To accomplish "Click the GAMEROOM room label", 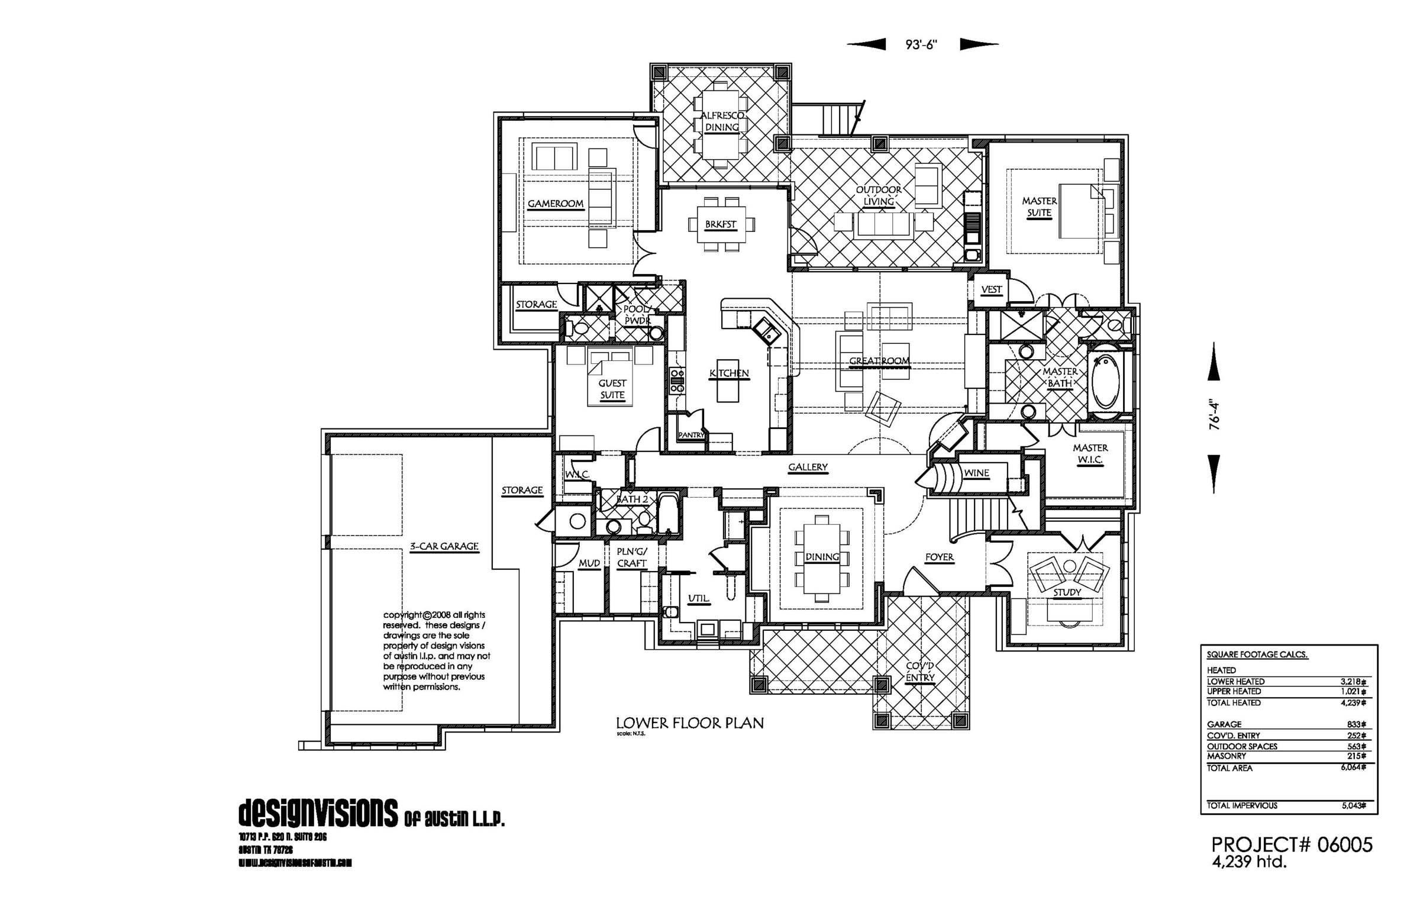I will (555, 204).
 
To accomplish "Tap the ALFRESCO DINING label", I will (722, 121).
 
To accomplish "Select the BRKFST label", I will (721, 224).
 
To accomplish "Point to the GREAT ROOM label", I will (879, 361).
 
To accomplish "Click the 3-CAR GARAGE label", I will (444, 546).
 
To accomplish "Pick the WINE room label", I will (977, 473).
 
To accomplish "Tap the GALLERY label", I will (808, 467).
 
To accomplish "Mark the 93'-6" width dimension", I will (921, 44).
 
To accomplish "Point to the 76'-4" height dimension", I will (1214, 415).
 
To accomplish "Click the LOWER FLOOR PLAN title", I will (690, 723).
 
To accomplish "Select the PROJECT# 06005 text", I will (1292, 844).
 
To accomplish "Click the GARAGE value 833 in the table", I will (1356, 724).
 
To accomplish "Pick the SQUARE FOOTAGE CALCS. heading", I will (1257, 654).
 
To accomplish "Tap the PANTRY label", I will (691, 435).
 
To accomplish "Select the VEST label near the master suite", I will (992, 289).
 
